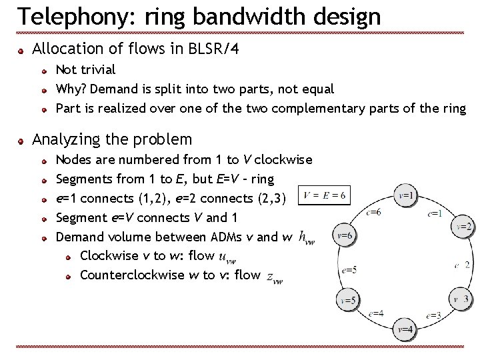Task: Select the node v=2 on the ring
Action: (465, 227)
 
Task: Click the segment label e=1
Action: (435, 213)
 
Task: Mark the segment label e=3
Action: (433, 315)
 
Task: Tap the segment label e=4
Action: (376, 313)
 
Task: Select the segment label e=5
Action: (349, 270)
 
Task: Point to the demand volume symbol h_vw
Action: (307, 236)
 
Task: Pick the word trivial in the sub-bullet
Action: (97, 69)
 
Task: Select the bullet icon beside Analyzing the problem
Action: (21, 141)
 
